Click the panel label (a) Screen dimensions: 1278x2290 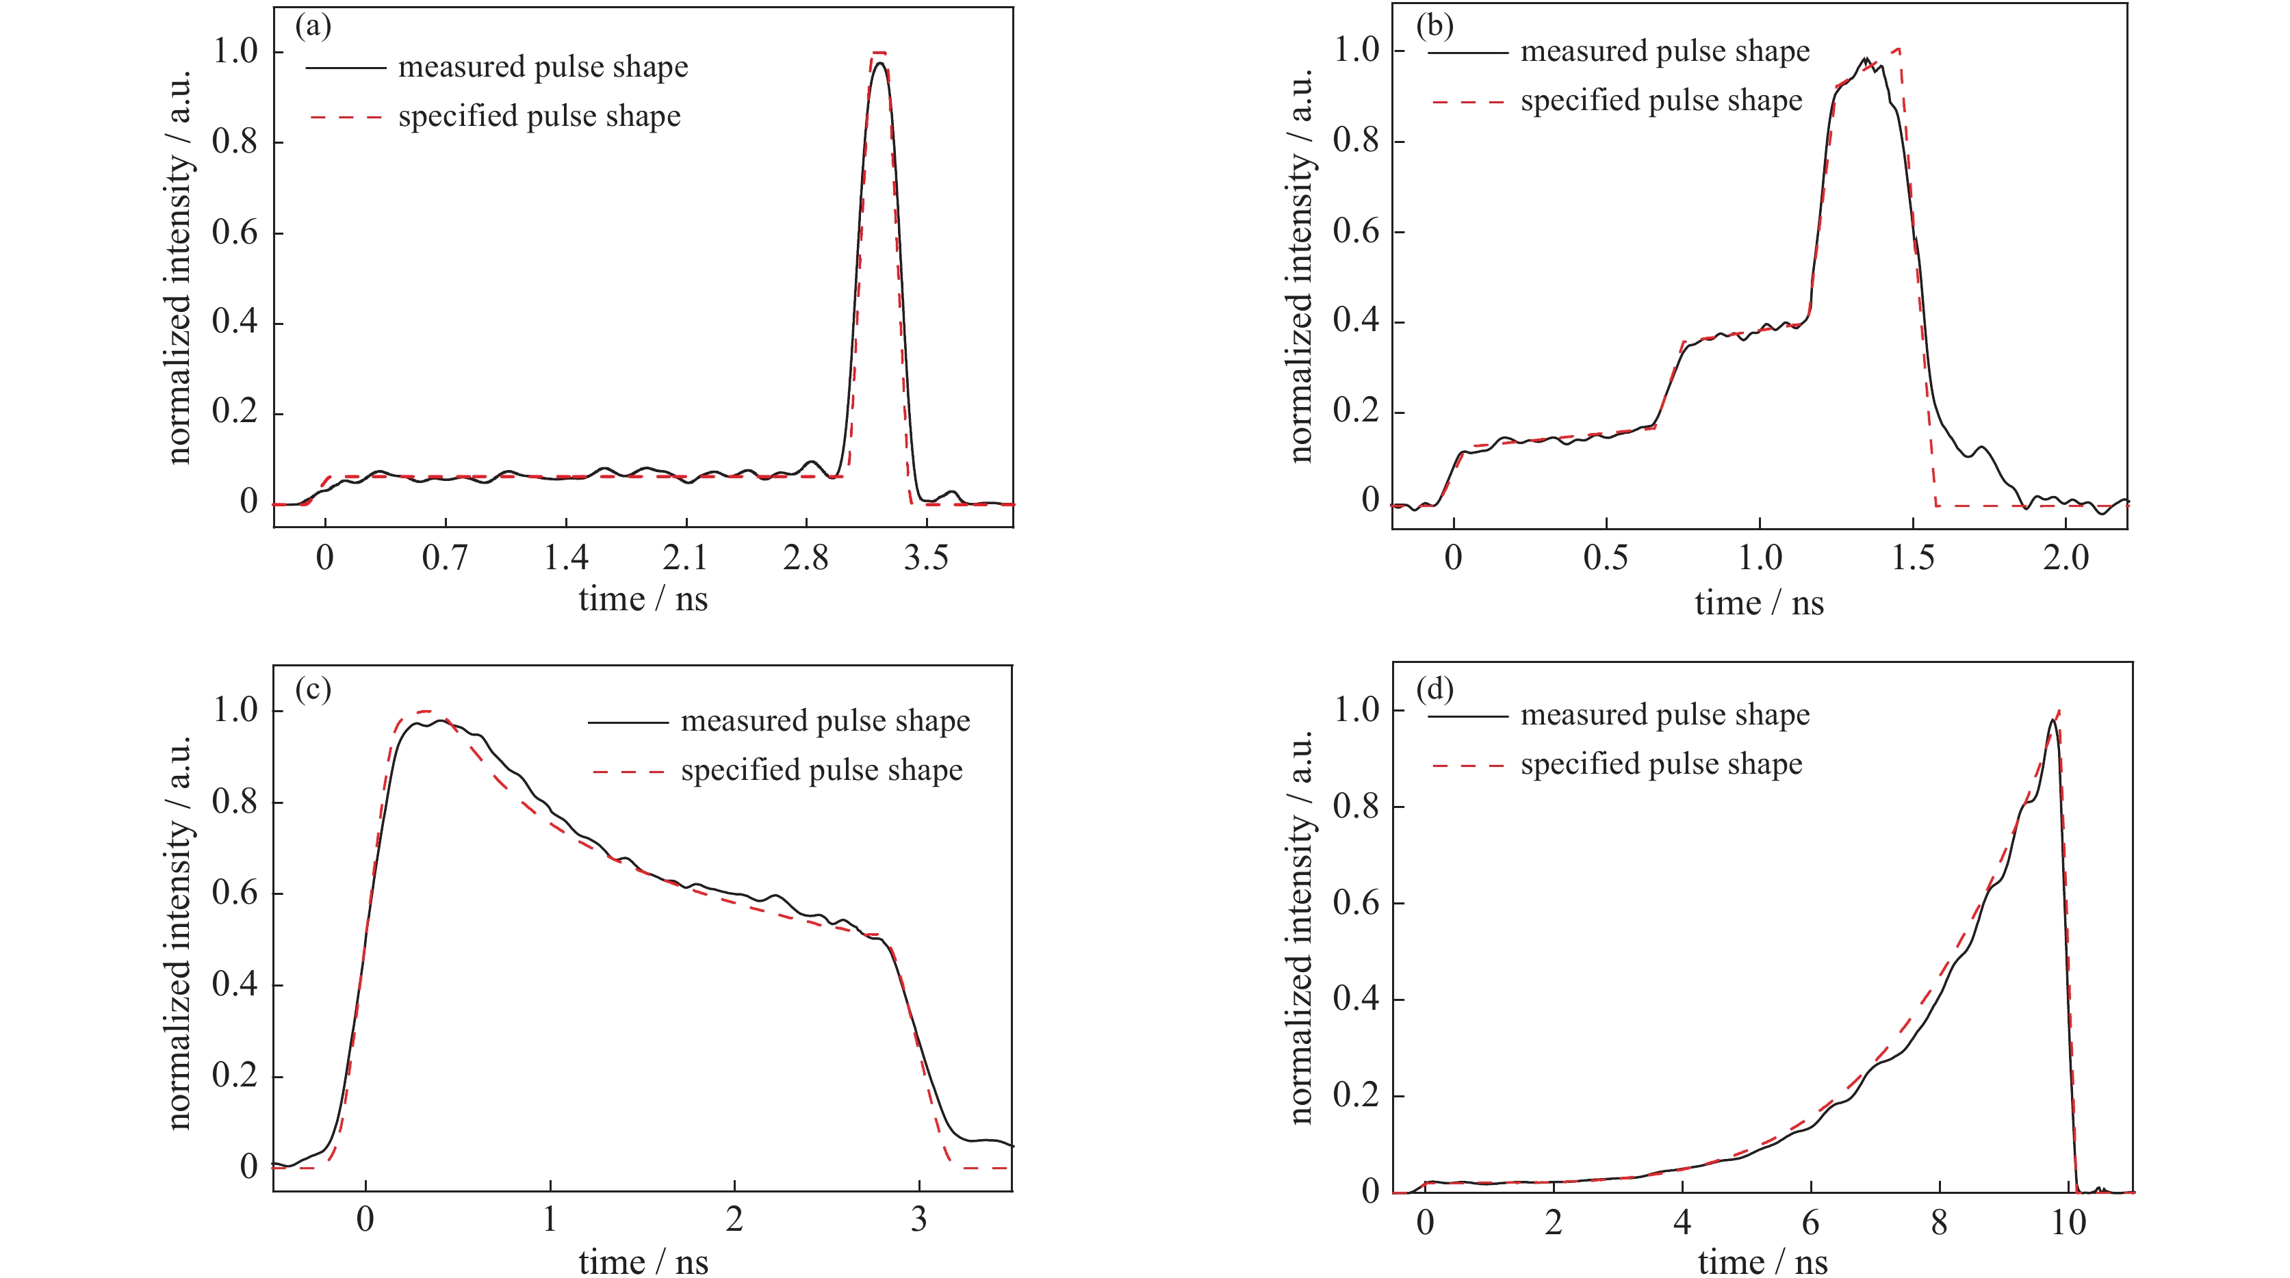coord(313,27)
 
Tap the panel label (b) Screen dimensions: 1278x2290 coord(1435,26)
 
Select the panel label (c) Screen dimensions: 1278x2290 coord(313,689)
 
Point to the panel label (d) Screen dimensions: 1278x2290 coord(1435,689)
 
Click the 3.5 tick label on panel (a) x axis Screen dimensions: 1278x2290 coord(925,558)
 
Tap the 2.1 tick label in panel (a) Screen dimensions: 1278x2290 coord(685,558)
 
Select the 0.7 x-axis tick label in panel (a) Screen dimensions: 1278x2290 coord(444,558)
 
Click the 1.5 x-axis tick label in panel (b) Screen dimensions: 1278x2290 coord(1912,558)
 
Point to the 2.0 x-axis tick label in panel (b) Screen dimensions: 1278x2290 coord(2065,558)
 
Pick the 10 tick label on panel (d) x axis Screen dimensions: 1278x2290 coord(2068,1223)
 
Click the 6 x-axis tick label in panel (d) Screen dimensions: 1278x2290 coord(1810,1223)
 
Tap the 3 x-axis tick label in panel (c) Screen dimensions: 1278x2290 coord(918,1219)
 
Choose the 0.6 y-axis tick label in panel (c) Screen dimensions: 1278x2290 coord(235,894)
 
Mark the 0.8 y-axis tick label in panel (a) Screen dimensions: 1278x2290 coord(235,142)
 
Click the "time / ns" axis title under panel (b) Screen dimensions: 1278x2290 coord(1758,603)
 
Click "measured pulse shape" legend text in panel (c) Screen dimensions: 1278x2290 coord(825,721)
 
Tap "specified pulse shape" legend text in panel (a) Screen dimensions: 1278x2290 coord(539,116)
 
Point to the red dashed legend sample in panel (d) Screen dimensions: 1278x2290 coord(1468,764)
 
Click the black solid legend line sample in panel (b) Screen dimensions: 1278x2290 coord(1468,53)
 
